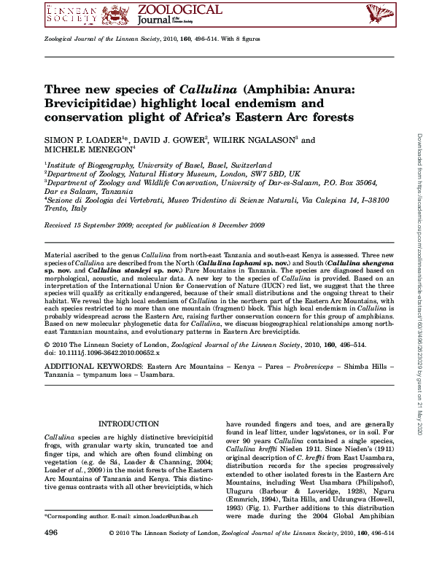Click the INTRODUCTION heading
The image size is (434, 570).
pos(128,423)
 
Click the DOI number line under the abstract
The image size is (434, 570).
pos(102,352)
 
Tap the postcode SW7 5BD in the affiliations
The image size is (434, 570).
pos(267,175)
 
